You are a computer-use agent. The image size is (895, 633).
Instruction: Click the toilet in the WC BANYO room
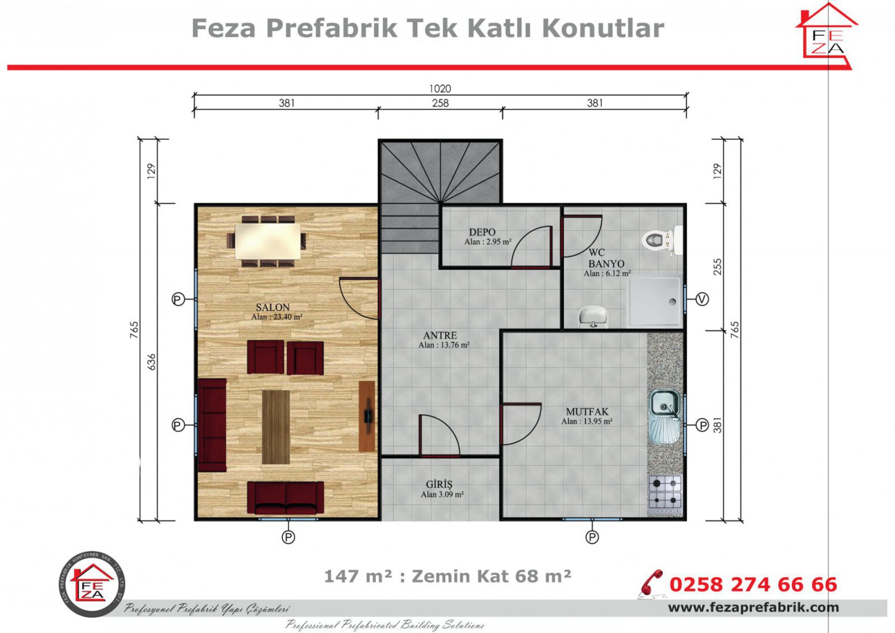coord(660,240)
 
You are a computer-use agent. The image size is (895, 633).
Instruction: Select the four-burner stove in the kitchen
coord(665,491)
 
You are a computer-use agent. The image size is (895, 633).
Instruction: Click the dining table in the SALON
coord(267,241)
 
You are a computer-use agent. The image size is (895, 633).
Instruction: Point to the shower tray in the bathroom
coord(655,302)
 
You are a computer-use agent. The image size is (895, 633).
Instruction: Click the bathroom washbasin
coord(592,316)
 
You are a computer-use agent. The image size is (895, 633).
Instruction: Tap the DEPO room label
coord(482,232)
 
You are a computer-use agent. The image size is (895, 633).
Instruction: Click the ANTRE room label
coord(440,335)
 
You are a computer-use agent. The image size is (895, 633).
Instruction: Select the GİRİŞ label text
coord(439,485)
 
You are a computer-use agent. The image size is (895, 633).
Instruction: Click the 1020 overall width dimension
coord(440,88)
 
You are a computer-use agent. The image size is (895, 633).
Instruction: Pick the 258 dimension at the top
coord(440,103)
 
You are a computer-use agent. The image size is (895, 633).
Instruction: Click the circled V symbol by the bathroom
coord(703,299)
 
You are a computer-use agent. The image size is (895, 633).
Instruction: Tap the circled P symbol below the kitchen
coord(592,537)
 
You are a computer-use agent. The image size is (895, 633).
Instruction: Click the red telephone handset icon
coord(651,583)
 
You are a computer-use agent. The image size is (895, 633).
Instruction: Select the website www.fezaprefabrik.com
coord(753,608)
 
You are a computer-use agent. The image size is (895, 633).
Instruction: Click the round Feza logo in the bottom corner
coord(92,583)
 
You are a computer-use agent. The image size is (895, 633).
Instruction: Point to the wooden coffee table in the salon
coord(276,427)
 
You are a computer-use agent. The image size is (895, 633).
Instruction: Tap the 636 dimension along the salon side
coord(152,362)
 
